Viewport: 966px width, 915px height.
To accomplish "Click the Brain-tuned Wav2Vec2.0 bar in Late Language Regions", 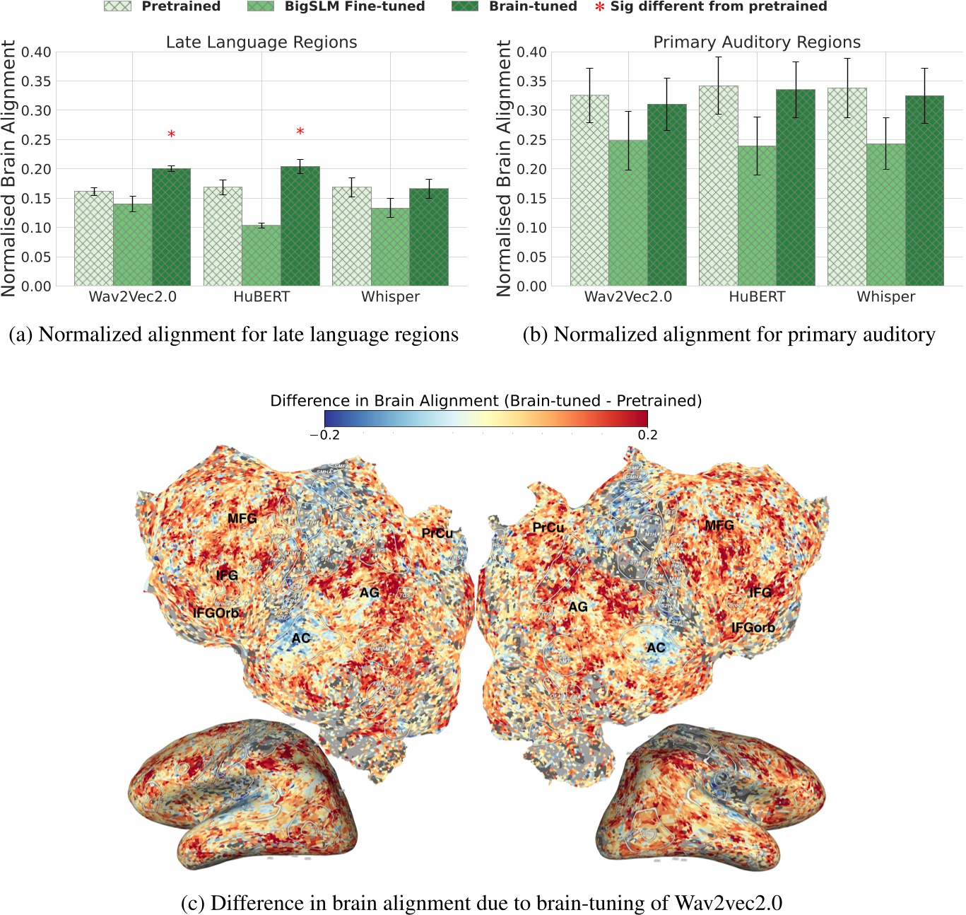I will click(x=171, y=227).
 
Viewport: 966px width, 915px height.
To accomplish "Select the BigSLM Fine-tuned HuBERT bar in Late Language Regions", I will click(x=261, y=255).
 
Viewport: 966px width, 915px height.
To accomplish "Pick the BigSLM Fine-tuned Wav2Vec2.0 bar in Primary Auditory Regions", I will click(x=628, y=213).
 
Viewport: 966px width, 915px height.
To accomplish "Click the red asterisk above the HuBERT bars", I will click(x=300, y=132).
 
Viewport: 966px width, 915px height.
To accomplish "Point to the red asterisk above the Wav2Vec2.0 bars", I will click(x=171, y=134).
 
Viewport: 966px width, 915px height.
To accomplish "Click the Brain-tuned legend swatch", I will click(x=464, y=6).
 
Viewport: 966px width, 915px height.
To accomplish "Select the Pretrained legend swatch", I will click(x=117, y=6).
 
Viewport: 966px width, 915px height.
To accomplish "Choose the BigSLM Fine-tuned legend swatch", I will click(x=261, y=6).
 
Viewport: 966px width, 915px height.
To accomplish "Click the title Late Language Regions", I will click(x=261, y=42).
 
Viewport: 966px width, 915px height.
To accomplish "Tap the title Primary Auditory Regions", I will click(x=757, y=42).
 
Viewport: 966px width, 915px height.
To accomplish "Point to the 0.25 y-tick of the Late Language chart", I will click(x=36, y=140).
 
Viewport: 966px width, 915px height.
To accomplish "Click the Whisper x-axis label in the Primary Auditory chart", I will click(x=885, y=297).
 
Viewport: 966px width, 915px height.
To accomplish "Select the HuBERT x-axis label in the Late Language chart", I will click(x=261, y=297).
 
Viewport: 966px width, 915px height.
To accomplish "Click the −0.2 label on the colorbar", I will click(x=325, y=435).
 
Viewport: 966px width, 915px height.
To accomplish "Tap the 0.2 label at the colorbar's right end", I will click(x=647, y=435).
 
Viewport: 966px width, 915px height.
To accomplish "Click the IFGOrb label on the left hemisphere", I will click(x=216, y=613).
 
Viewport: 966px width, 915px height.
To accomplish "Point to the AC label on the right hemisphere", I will click(x=656, y=648).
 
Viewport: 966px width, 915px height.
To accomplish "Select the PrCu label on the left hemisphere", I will click(x=437, y=533).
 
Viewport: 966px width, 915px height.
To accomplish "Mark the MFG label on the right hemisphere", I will click(x=719, y=525).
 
